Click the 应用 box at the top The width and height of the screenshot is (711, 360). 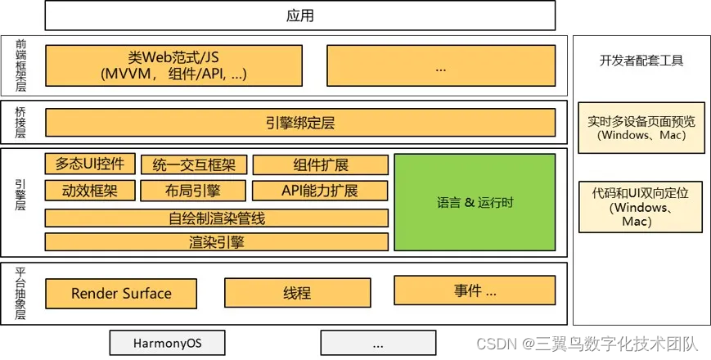[299, 16]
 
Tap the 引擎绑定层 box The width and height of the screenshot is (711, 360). [299, 124]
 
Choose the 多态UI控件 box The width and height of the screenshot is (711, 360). [89, 164]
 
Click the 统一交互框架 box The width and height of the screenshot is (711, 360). [193, 164]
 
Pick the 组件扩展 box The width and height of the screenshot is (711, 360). [320, 164]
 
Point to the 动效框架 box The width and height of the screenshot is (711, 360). [89, 191]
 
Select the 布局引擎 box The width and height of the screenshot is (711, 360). [193, 191]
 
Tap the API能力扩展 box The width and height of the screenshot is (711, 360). [320, 191]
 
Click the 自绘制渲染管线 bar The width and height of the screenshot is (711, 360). [216, 218]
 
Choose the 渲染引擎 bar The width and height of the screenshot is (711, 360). [216, 242]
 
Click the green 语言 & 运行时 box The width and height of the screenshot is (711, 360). [475, 202]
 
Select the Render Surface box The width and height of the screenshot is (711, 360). [121, 294]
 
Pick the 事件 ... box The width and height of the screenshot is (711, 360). [475, 290]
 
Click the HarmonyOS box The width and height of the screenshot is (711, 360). [167, 343]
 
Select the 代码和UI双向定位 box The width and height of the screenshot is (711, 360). [641, 207]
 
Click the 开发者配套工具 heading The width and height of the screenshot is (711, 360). [641, 61]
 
